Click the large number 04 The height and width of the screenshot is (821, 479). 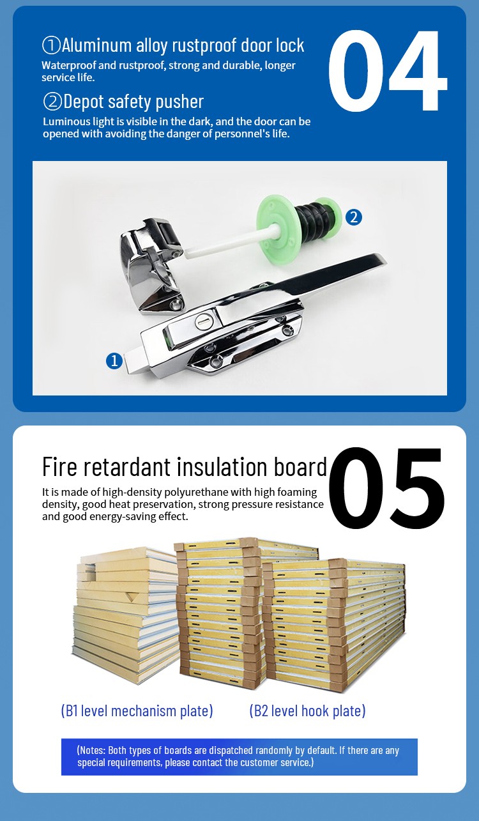pyautogui.click(x=387, y=72)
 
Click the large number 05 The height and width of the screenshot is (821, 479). pyautogui.click(x=387, y=488)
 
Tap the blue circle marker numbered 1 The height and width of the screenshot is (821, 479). pyautogui.click(x=114, y=361)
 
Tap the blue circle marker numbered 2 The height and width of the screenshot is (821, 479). pyautogui.click(x=353, y=217)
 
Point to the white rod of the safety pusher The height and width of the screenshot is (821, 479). pyautogui.click(x=224, y=247)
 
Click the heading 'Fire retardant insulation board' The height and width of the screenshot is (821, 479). pyautogui.click(x=185, y=466)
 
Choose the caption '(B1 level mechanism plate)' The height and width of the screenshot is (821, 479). pyautogui.click(x=137, y=710)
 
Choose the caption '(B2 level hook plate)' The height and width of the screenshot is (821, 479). pyautogui.click(x=307, y=710)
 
